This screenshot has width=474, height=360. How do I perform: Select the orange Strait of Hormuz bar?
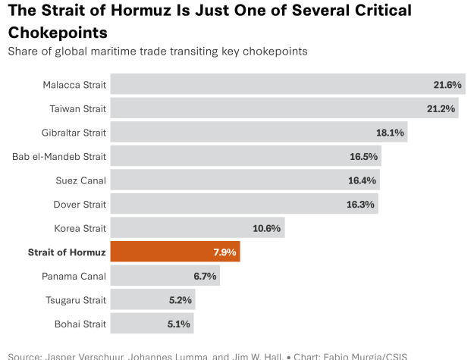tap(175, 252)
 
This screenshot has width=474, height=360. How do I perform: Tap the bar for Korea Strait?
tap(197, 227)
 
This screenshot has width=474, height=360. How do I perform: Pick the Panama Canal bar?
tap(165, 275)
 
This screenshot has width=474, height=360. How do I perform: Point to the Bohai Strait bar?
tap(152, 324)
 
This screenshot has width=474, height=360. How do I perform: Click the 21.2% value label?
tap(441, 109)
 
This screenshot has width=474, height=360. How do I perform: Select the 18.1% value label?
tap(391, 133)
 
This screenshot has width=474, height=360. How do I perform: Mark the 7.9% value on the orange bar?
tap(224, 252)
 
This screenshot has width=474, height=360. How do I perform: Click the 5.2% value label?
tap(179, 300)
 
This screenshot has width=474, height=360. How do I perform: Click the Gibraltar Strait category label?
tap(74, 133)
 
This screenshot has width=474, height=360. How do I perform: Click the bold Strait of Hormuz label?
tap(66, 252)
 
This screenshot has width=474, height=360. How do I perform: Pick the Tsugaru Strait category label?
tap(78, 299)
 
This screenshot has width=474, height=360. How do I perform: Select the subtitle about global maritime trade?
tap(157, 52)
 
